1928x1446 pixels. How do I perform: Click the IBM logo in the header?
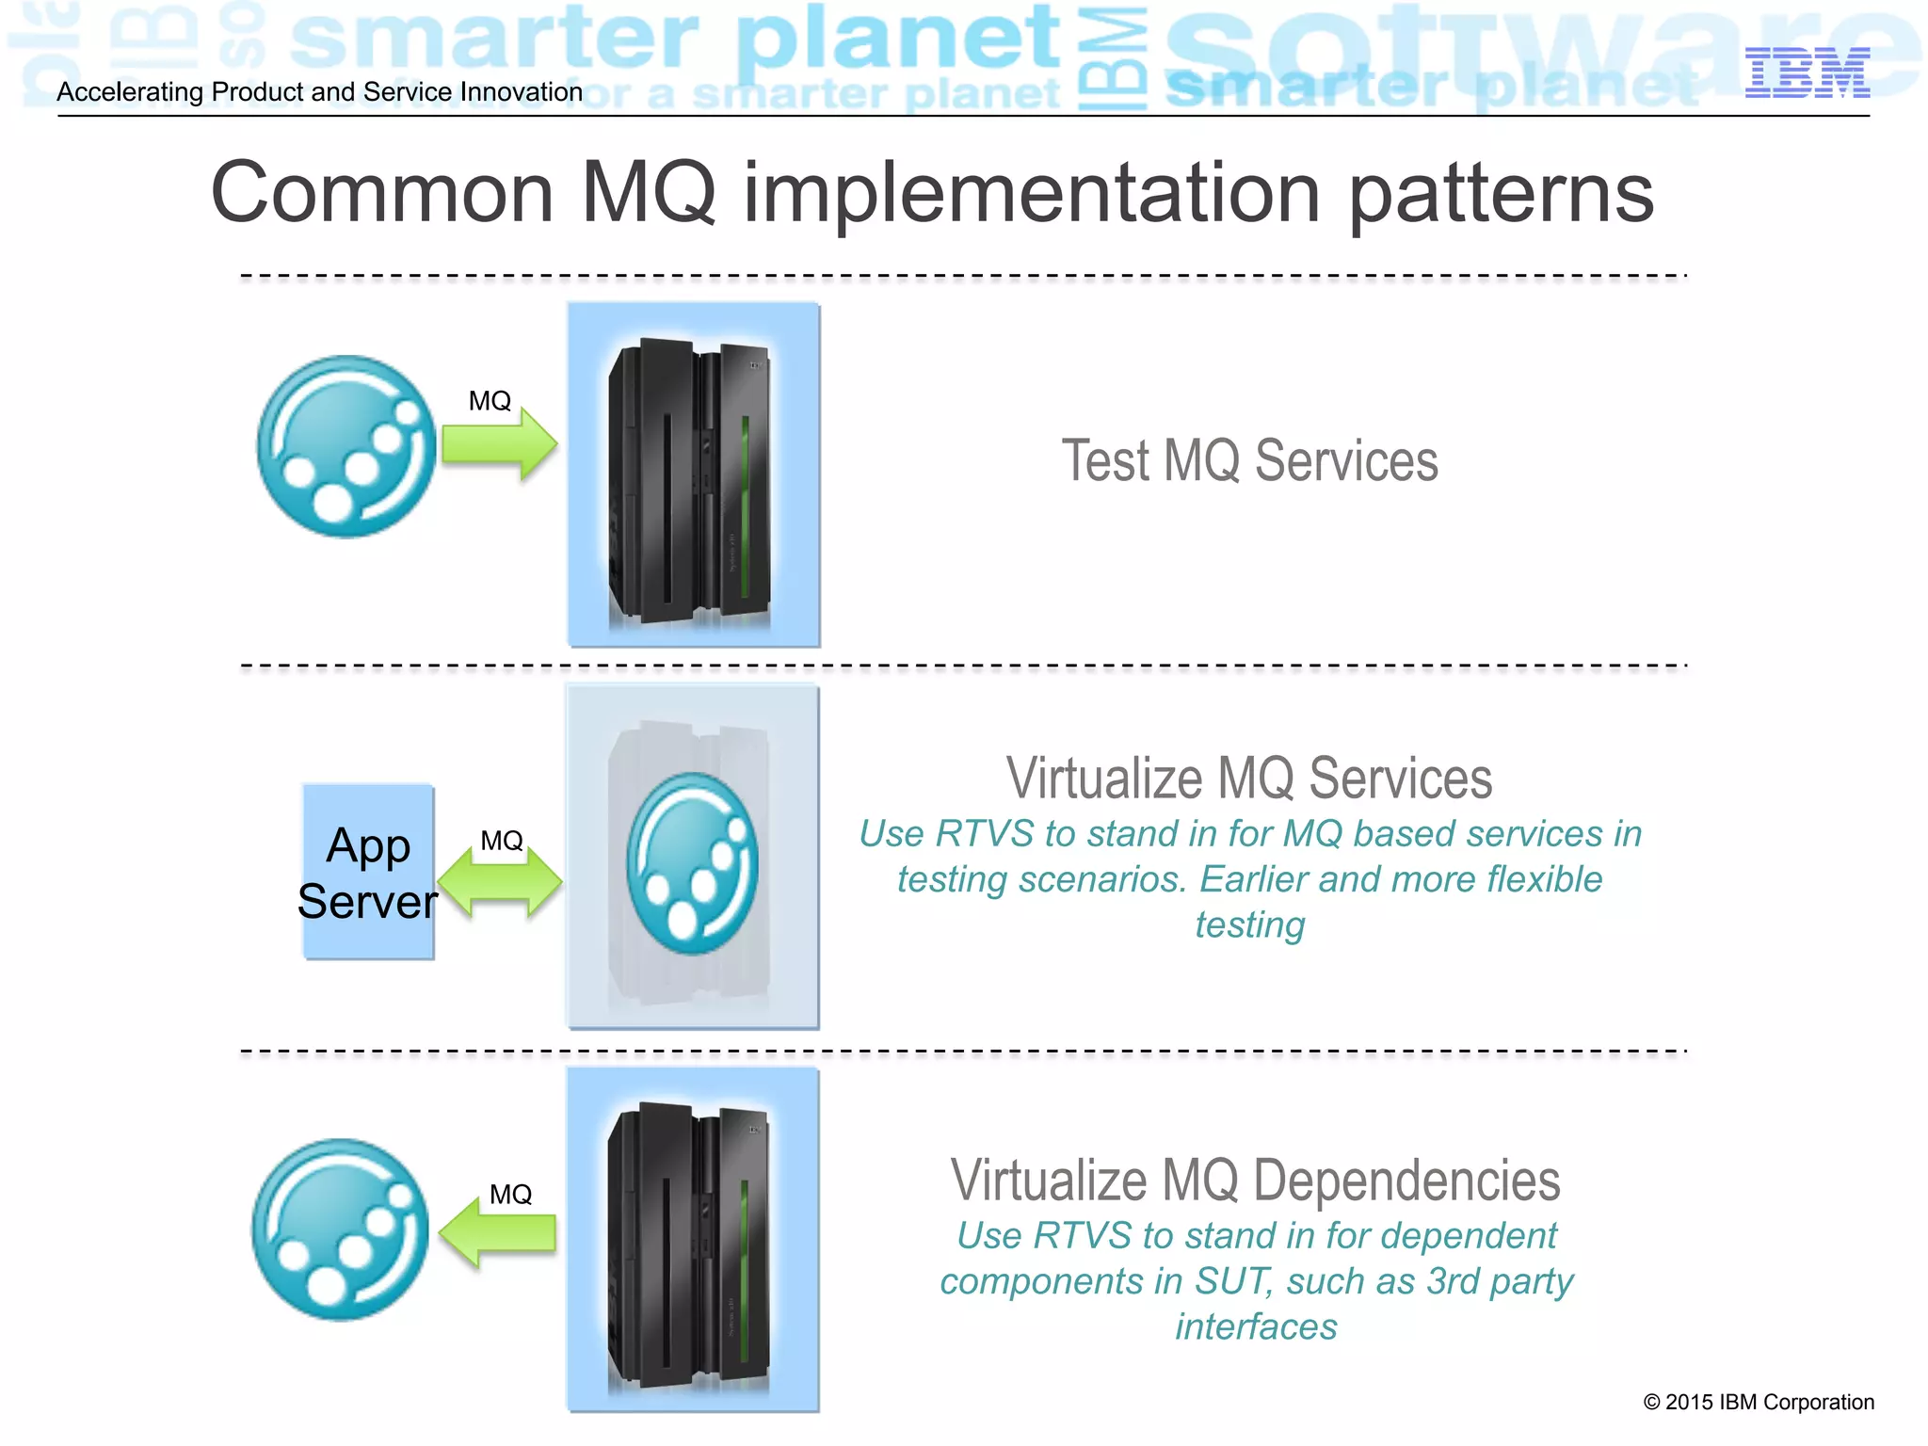point(1807,72)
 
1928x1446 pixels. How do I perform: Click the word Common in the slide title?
point(381,193)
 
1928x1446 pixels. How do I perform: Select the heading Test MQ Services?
point(1249,460)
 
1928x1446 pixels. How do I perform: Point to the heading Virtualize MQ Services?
point(1248,779)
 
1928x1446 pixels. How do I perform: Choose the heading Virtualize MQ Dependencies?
point(1255,1181)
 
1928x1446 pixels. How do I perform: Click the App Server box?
point(368,873)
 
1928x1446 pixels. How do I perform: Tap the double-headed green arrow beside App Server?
point(500,883)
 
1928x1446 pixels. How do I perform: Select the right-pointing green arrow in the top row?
point(500,443)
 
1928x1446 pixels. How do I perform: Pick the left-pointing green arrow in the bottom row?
point(498,1232)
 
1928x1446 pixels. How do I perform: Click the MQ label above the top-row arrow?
point(490,401)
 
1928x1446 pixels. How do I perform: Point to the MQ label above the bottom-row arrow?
point(510,1195)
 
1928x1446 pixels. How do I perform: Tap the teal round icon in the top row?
point(347,446)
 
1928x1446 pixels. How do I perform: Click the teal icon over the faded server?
point(692,863)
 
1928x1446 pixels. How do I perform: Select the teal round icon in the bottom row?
point(341,1229)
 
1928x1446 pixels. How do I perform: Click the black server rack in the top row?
point(690,480)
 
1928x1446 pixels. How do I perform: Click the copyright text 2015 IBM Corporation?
point(1758,1402)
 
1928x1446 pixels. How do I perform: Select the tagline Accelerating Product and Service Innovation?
point(319,92)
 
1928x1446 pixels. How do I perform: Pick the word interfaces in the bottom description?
point(1256,1326)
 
